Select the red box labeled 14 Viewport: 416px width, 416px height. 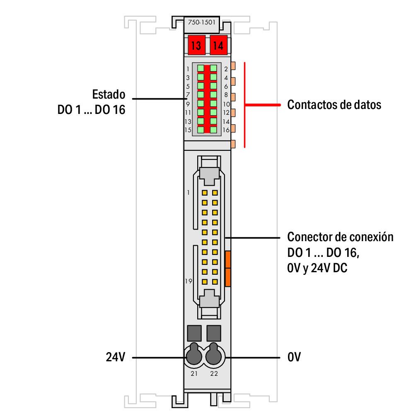coord(218,45)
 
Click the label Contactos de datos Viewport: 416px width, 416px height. coord(334,105)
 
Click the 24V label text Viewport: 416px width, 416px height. coord(115,357)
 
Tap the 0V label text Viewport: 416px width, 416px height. coord(294,357)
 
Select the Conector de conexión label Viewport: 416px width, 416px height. coord(340,238)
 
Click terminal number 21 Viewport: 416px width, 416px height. coord(194,374)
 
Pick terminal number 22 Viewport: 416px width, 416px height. coord(214,374)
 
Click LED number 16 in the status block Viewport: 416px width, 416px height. coord(213,130)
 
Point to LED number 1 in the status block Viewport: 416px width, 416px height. coord(201,68)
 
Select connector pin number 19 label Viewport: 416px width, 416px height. coord(189,281)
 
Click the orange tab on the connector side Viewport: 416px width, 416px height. coord(227,268)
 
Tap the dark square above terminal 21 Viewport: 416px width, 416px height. coord(194,332)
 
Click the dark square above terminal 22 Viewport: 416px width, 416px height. coord(214,332)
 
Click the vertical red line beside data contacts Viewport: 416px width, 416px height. coord(244,105)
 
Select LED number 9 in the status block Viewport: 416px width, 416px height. coord(201,104)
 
